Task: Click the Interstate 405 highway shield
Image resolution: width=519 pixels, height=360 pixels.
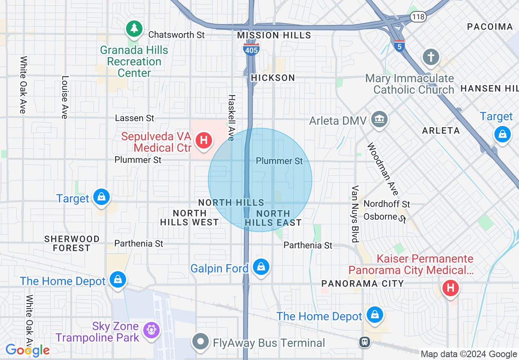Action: (x=250, y=49)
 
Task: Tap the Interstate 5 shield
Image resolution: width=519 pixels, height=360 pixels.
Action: (x=399, y=46)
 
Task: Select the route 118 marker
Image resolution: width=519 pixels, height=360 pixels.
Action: (x=419, y=17)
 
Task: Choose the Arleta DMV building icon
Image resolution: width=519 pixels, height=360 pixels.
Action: (x=379, y=120)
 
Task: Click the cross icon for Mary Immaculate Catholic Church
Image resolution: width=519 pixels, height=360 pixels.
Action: (x=431, y=57)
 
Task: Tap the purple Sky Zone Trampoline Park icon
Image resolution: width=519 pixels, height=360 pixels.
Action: (x=151, y=330)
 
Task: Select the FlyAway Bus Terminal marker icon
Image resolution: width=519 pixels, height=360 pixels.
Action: (x=201, y=342)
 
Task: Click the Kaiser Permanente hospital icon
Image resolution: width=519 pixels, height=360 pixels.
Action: (x=451, y=288)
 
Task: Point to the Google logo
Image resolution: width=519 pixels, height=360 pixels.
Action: (x=27, y=350)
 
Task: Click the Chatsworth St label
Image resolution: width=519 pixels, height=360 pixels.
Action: (x=176, y=35)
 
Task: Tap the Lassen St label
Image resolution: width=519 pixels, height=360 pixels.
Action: (x=135, y=118)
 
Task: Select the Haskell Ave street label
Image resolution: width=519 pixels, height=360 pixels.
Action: (x=232, y=118)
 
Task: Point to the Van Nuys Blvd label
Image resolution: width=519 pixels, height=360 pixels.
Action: (x=355, y=214)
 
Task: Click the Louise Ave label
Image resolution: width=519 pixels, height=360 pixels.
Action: (x=65, y=97)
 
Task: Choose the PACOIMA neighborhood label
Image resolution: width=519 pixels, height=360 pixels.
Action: (x=490, y=27)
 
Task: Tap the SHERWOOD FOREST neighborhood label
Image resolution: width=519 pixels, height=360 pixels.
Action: (x=72, y=243)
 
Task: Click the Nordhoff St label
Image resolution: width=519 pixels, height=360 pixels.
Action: (x=386, y=204)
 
